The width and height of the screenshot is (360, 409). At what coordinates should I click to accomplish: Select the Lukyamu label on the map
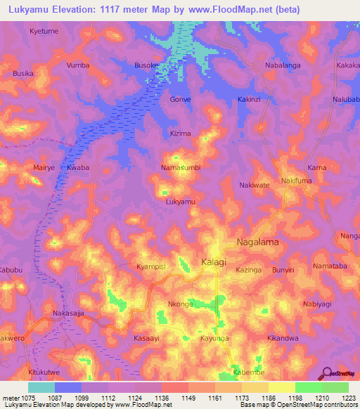180,202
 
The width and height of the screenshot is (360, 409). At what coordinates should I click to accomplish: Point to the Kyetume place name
44,32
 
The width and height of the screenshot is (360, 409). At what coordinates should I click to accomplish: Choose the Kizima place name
181,133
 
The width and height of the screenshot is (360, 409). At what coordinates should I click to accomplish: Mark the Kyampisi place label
150,268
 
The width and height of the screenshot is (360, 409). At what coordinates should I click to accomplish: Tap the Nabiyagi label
317,304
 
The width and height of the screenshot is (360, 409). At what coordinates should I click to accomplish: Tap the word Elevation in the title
77,10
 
